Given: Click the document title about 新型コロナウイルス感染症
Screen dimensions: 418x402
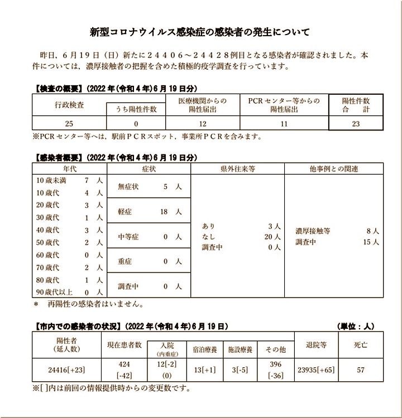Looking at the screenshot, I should coord(200,32).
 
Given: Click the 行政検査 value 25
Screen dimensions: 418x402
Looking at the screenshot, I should coord(69,124).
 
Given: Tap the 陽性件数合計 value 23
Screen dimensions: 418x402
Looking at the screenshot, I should coord(356,124).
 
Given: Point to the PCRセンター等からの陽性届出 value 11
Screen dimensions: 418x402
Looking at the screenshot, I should coord(284,124).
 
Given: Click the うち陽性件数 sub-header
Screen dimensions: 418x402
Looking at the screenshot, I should coord(136,110).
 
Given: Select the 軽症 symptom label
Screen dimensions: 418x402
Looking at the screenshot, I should coord(126,212).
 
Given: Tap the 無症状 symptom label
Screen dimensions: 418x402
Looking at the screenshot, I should coord(128,187).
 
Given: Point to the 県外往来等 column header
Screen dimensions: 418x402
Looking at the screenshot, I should coord(238,168).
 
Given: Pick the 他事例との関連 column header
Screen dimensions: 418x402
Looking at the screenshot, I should coord(334,168).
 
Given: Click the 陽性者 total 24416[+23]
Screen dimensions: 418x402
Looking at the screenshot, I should coord(66,369).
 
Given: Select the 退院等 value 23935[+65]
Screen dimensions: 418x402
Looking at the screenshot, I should coord(317,369).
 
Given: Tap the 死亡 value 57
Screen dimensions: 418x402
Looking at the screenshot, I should coord(361,369).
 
